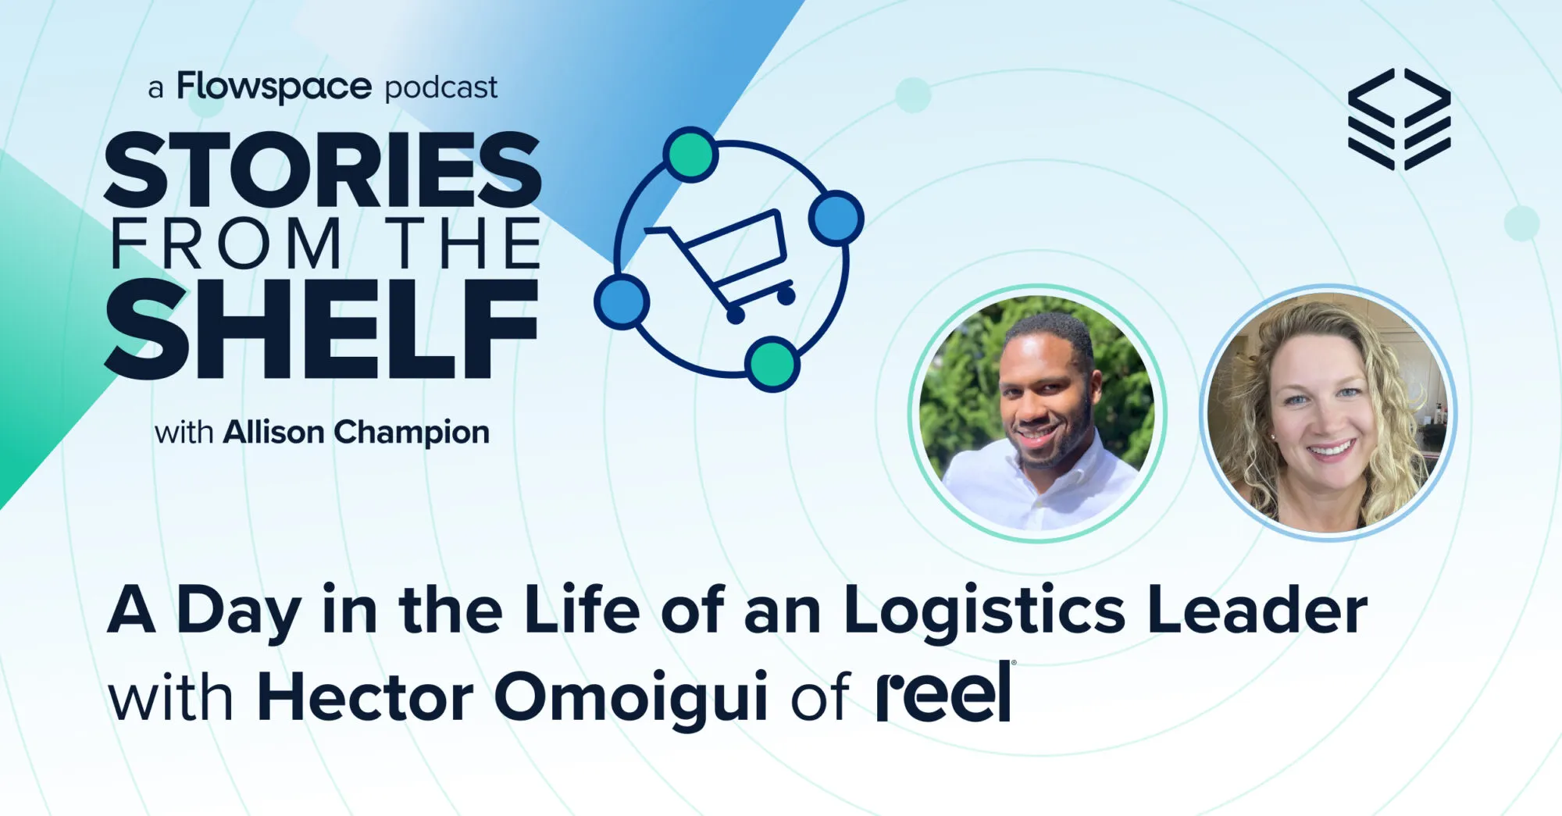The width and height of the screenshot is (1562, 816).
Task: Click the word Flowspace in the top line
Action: click(273, 87)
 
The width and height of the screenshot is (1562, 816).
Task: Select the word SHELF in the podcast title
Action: click(322, 330)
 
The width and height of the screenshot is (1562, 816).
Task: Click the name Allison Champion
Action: click(356, 432)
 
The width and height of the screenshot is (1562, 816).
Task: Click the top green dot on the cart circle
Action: click(691, 155)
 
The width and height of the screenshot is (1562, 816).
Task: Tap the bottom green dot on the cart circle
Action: click(772, 364)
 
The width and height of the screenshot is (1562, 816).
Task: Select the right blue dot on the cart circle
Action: click(836, 218)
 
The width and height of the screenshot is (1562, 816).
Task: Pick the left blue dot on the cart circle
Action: click(622, 301)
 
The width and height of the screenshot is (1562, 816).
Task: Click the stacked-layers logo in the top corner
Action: click(1399, 119)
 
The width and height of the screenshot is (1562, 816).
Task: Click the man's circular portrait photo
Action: click(1037, 413)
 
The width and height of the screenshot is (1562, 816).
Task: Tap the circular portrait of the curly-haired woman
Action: click(1327, 412)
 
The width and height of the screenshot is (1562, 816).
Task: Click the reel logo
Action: click(945, 693)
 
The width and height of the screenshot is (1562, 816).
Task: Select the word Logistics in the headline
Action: click(984, 611)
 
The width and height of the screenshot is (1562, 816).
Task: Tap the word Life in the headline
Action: click(581, 610)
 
